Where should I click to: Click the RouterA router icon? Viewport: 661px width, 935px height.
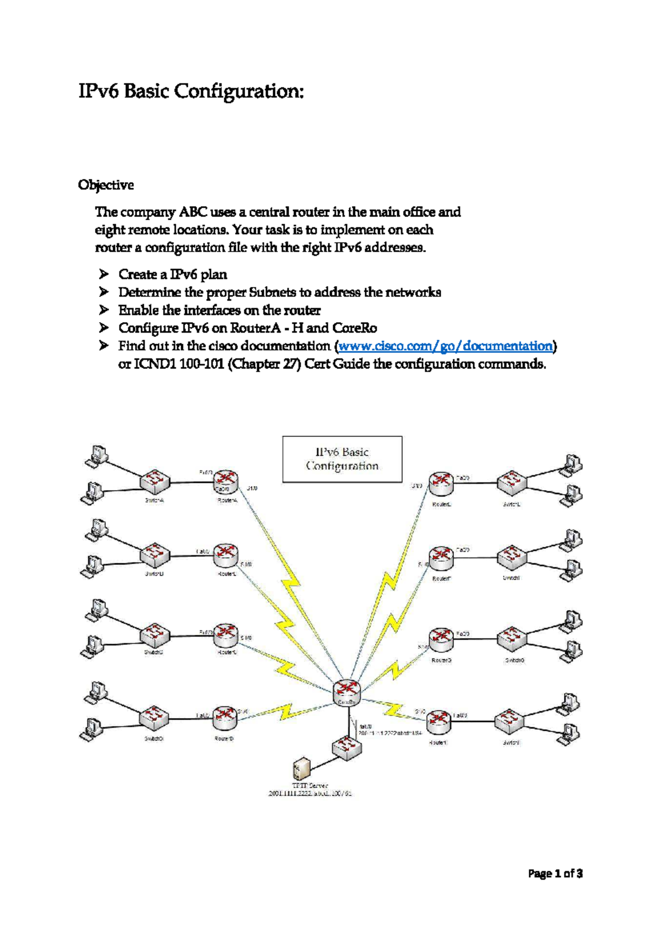click(x=225, y=481)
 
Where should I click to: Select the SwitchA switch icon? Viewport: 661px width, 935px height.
click(x=155, y=481)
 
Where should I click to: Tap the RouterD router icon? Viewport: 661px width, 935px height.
click(x=225, y=717)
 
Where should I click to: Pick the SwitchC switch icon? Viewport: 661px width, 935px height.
click(x=155, y=635)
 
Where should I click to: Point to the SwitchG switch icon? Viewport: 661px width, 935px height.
click(x=512, y=638)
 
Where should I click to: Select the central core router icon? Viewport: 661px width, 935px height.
click(x=347, y=691)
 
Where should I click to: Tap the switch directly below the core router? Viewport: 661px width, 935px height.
click(x=347, y=748)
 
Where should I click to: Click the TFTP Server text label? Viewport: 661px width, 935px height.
click(x=310, y=785)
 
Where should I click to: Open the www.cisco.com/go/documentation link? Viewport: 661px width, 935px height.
click(x=445, y=346)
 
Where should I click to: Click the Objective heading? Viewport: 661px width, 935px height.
click(x=106, y=185)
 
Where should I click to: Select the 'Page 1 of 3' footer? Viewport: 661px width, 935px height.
click(x=555, y=873)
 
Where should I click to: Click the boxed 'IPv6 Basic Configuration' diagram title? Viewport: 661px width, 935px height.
click(x=342, y=459)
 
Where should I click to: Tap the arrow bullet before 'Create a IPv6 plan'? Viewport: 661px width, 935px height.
click(x=104, y=274)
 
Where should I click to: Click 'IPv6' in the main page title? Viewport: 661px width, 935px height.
click(x=99, y=91)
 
